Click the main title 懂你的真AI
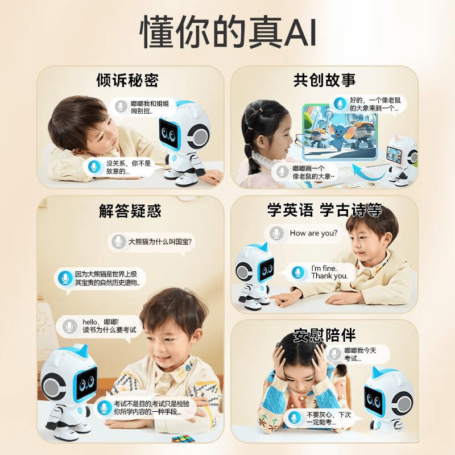click(228, 31)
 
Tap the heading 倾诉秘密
click(127, 80)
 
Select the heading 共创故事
click(324, 80)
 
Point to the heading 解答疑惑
click(130, 210)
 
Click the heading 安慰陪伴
click(324, 335)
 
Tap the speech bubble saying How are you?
click(304, 233)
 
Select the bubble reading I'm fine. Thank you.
click(319, 272)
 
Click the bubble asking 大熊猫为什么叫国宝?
click(152, 242)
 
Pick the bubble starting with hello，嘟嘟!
click(99, 326)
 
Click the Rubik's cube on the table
click(183, 438)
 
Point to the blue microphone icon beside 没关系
click(94, 167)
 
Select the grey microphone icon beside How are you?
click(276, 233)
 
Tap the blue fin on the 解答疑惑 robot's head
click(82, 351)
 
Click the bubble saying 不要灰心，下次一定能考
click(322, 419)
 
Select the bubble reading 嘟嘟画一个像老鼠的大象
click(305, 172)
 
